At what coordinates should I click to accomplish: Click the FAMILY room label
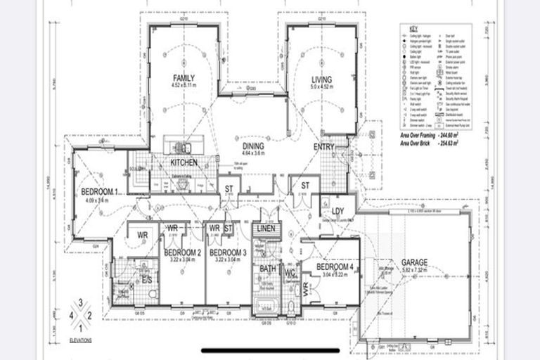coord(184,78)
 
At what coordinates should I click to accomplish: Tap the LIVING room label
coord(321,79)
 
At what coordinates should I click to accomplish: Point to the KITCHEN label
coord(184,163)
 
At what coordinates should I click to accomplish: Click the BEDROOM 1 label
coord(98,193)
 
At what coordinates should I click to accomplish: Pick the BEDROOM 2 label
coord(183,252)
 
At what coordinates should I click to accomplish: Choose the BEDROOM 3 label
coord(228,252)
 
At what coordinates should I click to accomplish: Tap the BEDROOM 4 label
coord(334,267)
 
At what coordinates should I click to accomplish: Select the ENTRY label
coord(325,146)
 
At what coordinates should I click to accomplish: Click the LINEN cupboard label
coord(265,229)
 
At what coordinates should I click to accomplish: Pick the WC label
coord(290,273)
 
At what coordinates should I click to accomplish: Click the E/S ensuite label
coord(148,279)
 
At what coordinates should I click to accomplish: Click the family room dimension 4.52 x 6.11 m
coord(184,86)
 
